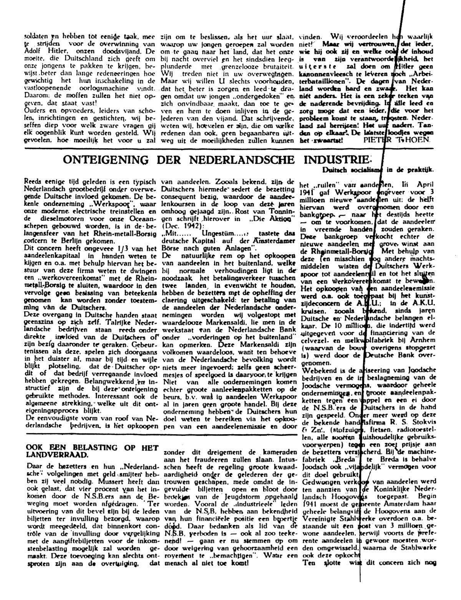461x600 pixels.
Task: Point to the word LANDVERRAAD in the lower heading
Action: point(56,455)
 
